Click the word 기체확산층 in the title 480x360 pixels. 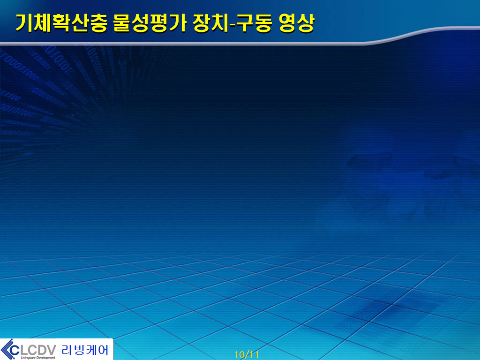[x=61, y=23]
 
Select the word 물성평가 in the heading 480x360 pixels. [x=150, y=23]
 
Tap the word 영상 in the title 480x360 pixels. [x=297, y=23]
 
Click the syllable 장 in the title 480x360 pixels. [x=202, y=23]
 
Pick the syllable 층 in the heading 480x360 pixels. [x=98, y=23]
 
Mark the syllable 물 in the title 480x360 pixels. [x=122, y=23]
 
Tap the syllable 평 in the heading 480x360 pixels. [x=159, y=23]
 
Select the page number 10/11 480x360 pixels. [x=247, y=355]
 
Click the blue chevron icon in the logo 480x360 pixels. [x=7, y=349]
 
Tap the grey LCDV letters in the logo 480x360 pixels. [x=37, y=350]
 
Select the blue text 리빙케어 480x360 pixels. [x=85, y=350]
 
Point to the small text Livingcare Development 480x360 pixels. [x=38, y=358]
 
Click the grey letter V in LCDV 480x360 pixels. [x=51, y=350]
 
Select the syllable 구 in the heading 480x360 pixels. [x=245, y=23]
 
